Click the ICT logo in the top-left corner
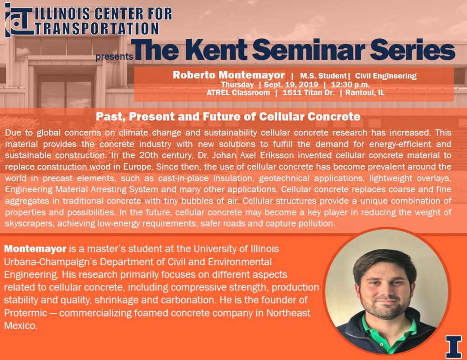pos(18,20)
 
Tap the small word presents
pos(114,57)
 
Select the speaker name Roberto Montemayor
pos(228,75)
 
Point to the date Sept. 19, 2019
pos(291,84)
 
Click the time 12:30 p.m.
pos(350,84)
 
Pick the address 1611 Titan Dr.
pos(309,93)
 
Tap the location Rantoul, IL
pos(365,93)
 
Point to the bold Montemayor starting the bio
pos(35,249)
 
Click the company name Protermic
pos(26,313)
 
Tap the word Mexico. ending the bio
pos(21,326)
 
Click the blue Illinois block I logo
pos(453,347)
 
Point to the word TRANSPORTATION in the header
pos(97,29)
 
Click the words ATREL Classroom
pos(238,93)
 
